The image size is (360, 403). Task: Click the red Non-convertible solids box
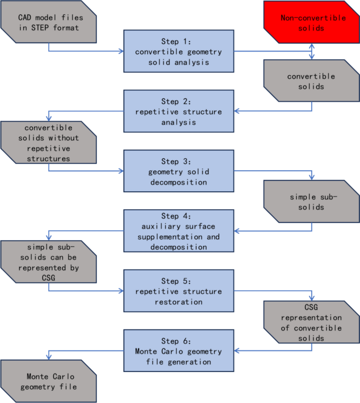pos(313,23)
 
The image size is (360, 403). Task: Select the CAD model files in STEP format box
pos(48,23)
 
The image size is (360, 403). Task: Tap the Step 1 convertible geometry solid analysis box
pos(178,51)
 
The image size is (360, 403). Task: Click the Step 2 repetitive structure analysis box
pos(178,111)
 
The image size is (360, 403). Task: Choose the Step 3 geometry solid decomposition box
pos(178,171)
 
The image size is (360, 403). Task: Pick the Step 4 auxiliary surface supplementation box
pos(178,231)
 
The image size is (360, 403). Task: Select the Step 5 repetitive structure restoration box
pos(178,291)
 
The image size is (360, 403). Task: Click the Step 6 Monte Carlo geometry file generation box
pos(178,351)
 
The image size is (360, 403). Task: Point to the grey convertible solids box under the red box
pos(313,81)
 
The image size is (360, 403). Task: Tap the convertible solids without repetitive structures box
pos(48,142)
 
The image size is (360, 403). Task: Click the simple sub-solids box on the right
pos(313,201)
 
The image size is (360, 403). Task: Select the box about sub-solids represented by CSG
pos(48,261)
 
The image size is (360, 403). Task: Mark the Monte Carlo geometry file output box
pos(48,381)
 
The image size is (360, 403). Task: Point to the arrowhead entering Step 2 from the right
pos(236,111)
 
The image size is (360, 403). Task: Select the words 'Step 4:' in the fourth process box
pos(178,216)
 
